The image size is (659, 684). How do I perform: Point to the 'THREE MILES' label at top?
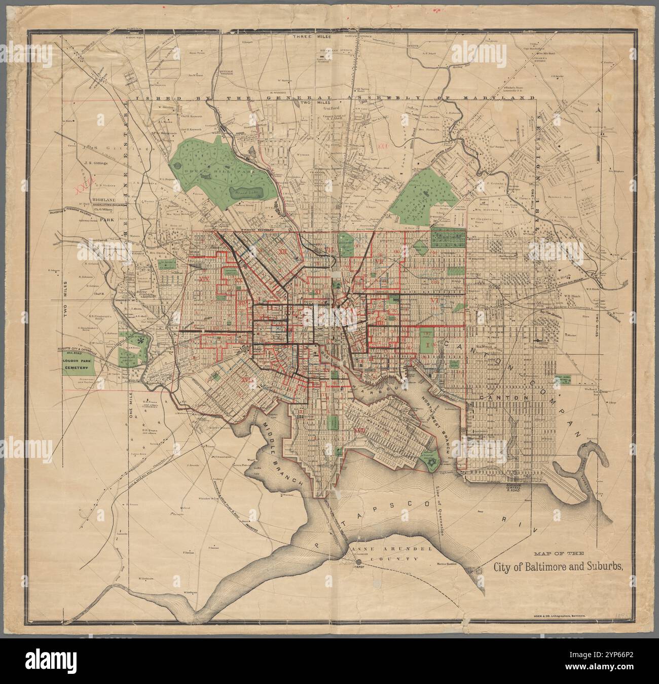pyautogui.click(x=308, y=37)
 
